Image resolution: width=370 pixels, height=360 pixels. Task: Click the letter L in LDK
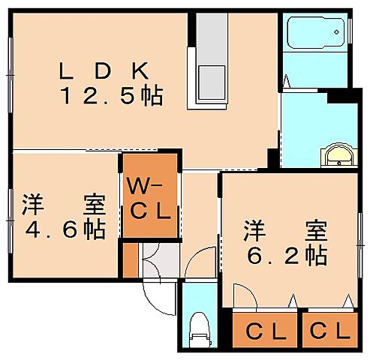tap(67, 72)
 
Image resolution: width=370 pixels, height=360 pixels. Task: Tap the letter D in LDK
tap(104, 72)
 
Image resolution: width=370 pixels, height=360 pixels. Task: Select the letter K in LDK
tap(142, 72)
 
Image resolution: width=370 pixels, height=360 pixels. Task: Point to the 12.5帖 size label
tap(113, 97)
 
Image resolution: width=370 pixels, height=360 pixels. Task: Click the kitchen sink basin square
tap(210, 79)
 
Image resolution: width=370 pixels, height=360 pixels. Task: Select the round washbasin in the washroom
tap(339, 156)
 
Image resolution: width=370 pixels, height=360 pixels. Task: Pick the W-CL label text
tap(149, 197)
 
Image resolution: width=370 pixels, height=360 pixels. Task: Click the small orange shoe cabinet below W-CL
tap(131, 259)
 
